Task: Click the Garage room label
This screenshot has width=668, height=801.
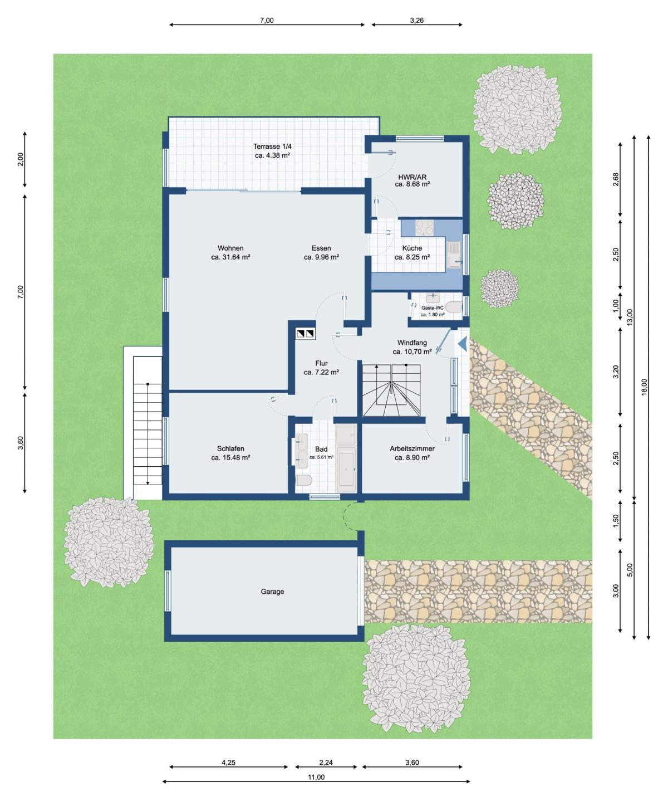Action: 272,592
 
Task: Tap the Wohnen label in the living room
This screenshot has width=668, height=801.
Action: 230,248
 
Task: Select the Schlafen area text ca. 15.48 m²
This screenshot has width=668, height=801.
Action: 230,458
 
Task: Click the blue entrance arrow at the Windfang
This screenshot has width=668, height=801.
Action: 463,343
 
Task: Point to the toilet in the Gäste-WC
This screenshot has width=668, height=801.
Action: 454,307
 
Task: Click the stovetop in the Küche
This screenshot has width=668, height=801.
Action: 424,227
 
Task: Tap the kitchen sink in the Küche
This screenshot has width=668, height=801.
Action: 454,254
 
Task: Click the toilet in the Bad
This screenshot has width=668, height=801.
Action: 304,480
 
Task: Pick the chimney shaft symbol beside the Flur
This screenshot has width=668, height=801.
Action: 305,333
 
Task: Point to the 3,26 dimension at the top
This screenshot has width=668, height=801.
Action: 417,21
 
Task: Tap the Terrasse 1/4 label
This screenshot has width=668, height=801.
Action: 272,146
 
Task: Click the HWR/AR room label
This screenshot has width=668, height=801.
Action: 412,177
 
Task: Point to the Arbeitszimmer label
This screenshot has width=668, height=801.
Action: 412,448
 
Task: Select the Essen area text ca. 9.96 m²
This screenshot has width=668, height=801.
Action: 321,257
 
